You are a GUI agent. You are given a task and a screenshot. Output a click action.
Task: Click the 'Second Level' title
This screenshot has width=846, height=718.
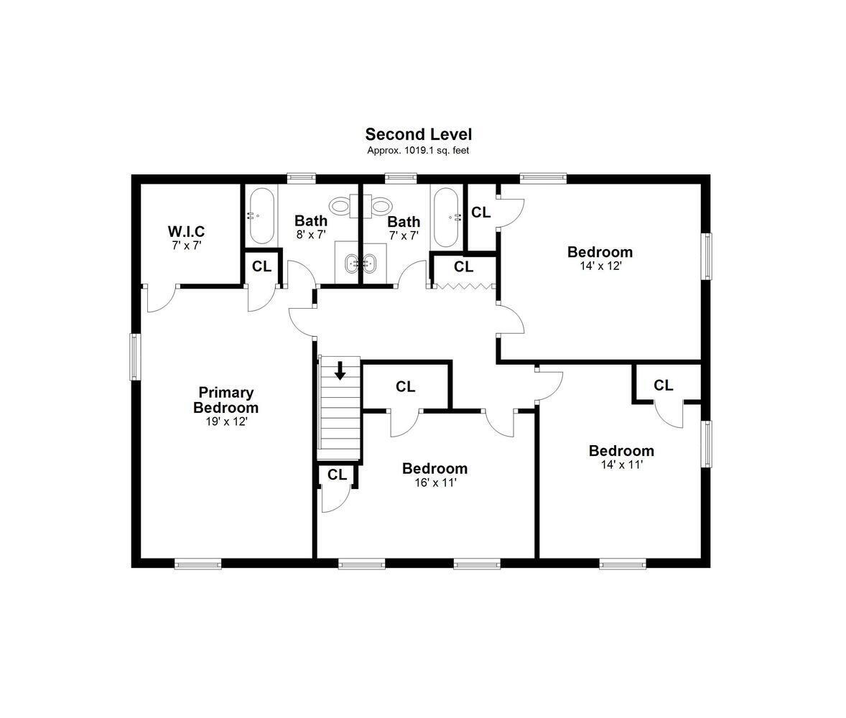pos(418,134)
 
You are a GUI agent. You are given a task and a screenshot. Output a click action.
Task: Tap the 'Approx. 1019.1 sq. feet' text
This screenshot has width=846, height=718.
pos(418,151)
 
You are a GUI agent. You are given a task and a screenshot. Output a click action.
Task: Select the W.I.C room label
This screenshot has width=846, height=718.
pos(186,231)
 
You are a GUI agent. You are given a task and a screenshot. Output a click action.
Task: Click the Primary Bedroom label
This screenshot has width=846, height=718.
pos(226,400)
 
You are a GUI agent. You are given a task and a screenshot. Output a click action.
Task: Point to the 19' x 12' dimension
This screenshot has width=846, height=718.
pos(226,421)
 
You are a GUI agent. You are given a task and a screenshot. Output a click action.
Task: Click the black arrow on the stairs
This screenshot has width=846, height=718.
pos(340,370)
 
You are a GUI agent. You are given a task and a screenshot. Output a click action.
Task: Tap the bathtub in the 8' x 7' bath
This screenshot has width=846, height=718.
pos(261,216)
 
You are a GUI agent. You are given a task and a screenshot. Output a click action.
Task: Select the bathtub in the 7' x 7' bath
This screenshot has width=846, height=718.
pos(446,217)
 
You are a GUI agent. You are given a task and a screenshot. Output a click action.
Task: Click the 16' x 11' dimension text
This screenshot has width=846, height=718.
pos(435,482)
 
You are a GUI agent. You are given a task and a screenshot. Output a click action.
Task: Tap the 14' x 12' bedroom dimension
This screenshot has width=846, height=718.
pos(600,266)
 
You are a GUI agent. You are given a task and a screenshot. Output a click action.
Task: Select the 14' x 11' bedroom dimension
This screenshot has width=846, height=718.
pos(621,465)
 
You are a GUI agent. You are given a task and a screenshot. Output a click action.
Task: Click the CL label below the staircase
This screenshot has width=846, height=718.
pos(338,475)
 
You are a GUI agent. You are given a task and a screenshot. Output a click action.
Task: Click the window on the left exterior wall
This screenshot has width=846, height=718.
pos(135,357)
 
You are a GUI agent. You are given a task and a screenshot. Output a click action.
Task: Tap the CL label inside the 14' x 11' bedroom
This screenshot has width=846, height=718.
pos(664,385)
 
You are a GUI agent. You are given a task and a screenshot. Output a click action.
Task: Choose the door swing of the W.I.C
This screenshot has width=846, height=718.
pos(162,298)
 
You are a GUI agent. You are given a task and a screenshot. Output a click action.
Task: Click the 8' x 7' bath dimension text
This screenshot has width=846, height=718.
pos(311,235)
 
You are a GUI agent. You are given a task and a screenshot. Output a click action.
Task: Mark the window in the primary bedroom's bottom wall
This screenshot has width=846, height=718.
pos(198,564)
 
